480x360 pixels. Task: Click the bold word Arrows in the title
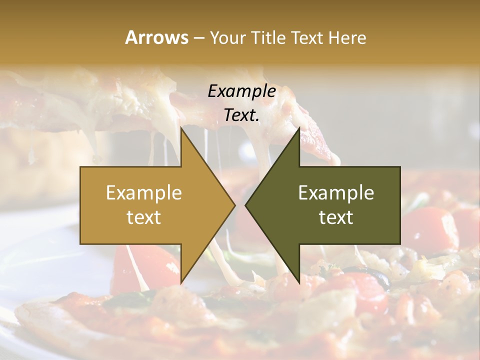(156, 37)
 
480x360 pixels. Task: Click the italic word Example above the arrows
(241, 91)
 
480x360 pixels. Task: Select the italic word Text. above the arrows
(240, 115)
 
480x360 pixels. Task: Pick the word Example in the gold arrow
(144, 193)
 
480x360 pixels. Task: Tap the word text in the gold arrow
(144, 217)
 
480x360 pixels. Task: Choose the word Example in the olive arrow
(336, 193)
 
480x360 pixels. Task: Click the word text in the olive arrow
(336, 217)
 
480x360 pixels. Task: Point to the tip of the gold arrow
(234, 205)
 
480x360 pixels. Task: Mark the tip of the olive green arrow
(245, 205)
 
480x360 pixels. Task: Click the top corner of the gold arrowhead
(181, 128)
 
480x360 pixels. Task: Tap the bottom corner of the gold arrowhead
(181, 282)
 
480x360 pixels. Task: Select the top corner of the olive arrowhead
(299, 128)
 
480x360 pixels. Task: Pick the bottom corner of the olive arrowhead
(299, 282)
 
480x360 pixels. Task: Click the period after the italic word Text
(257, 120)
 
